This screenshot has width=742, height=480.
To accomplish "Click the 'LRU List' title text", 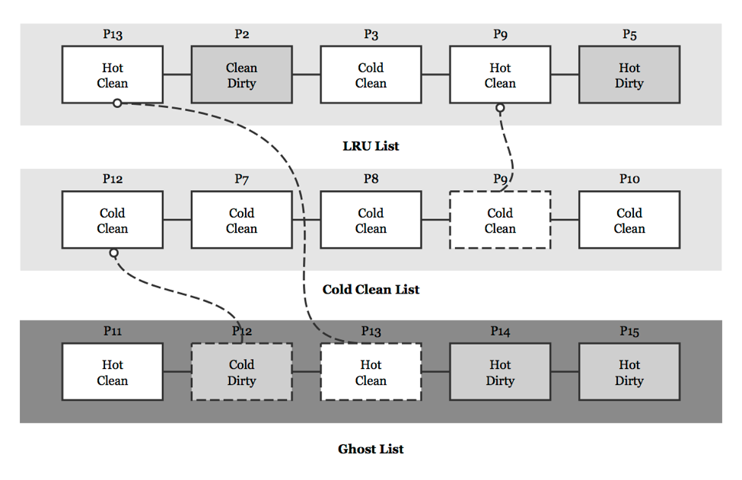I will [x=371, y=146].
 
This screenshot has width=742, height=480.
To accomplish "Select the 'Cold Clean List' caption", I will [x=371, y=289].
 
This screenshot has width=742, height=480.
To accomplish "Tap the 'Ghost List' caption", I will [x=371, y=449].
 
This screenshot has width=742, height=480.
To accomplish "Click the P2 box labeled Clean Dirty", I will [x=241, y=75].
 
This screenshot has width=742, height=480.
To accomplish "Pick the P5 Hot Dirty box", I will [x=629, y=75].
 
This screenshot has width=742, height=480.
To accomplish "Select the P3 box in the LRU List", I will [x=371, y=75].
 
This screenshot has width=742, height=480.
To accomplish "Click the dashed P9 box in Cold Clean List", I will [x=500, y=220].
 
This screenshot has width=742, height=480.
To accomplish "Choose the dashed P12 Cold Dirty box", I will [x=241, y=372].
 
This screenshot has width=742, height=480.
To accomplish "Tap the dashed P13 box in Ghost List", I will [x=371, y=372].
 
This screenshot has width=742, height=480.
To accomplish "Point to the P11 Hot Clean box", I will [x=112, y=372].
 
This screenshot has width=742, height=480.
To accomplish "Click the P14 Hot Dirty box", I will [x=500, y=372].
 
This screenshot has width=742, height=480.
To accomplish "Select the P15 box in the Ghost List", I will [x=629, y=372].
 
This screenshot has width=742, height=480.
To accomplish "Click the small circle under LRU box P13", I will [x=117, y=103].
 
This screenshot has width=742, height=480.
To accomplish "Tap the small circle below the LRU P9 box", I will [x=500, y=108].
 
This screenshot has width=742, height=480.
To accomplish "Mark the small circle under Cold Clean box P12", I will [x=113, y=253].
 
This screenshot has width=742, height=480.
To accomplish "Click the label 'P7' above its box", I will [x=241, y=179].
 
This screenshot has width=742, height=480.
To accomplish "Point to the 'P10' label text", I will [x=629, y=179].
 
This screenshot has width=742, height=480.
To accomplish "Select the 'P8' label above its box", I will [x=371, y=179].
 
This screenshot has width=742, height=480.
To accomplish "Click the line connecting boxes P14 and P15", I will [x=565, y=372].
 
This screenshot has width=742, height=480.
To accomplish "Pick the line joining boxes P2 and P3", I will [x=306, y=75].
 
